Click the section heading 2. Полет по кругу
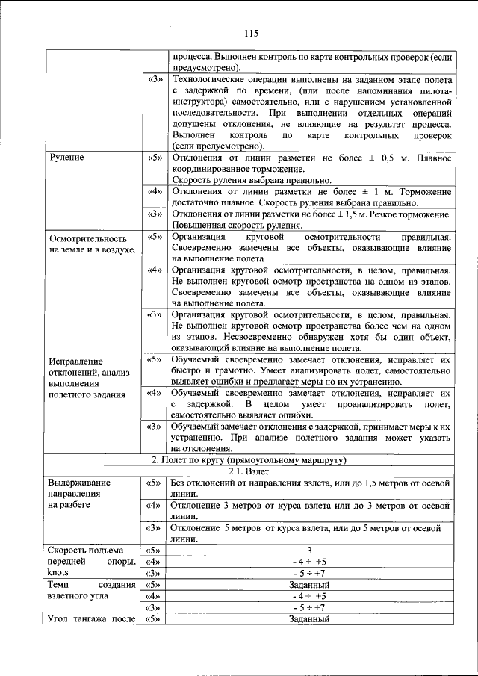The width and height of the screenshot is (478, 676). (246, 459)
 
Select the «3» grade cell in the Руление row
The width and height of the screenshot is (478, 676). (155, 214)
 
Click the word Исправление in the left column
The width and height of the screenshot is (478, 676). (77, 360)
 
